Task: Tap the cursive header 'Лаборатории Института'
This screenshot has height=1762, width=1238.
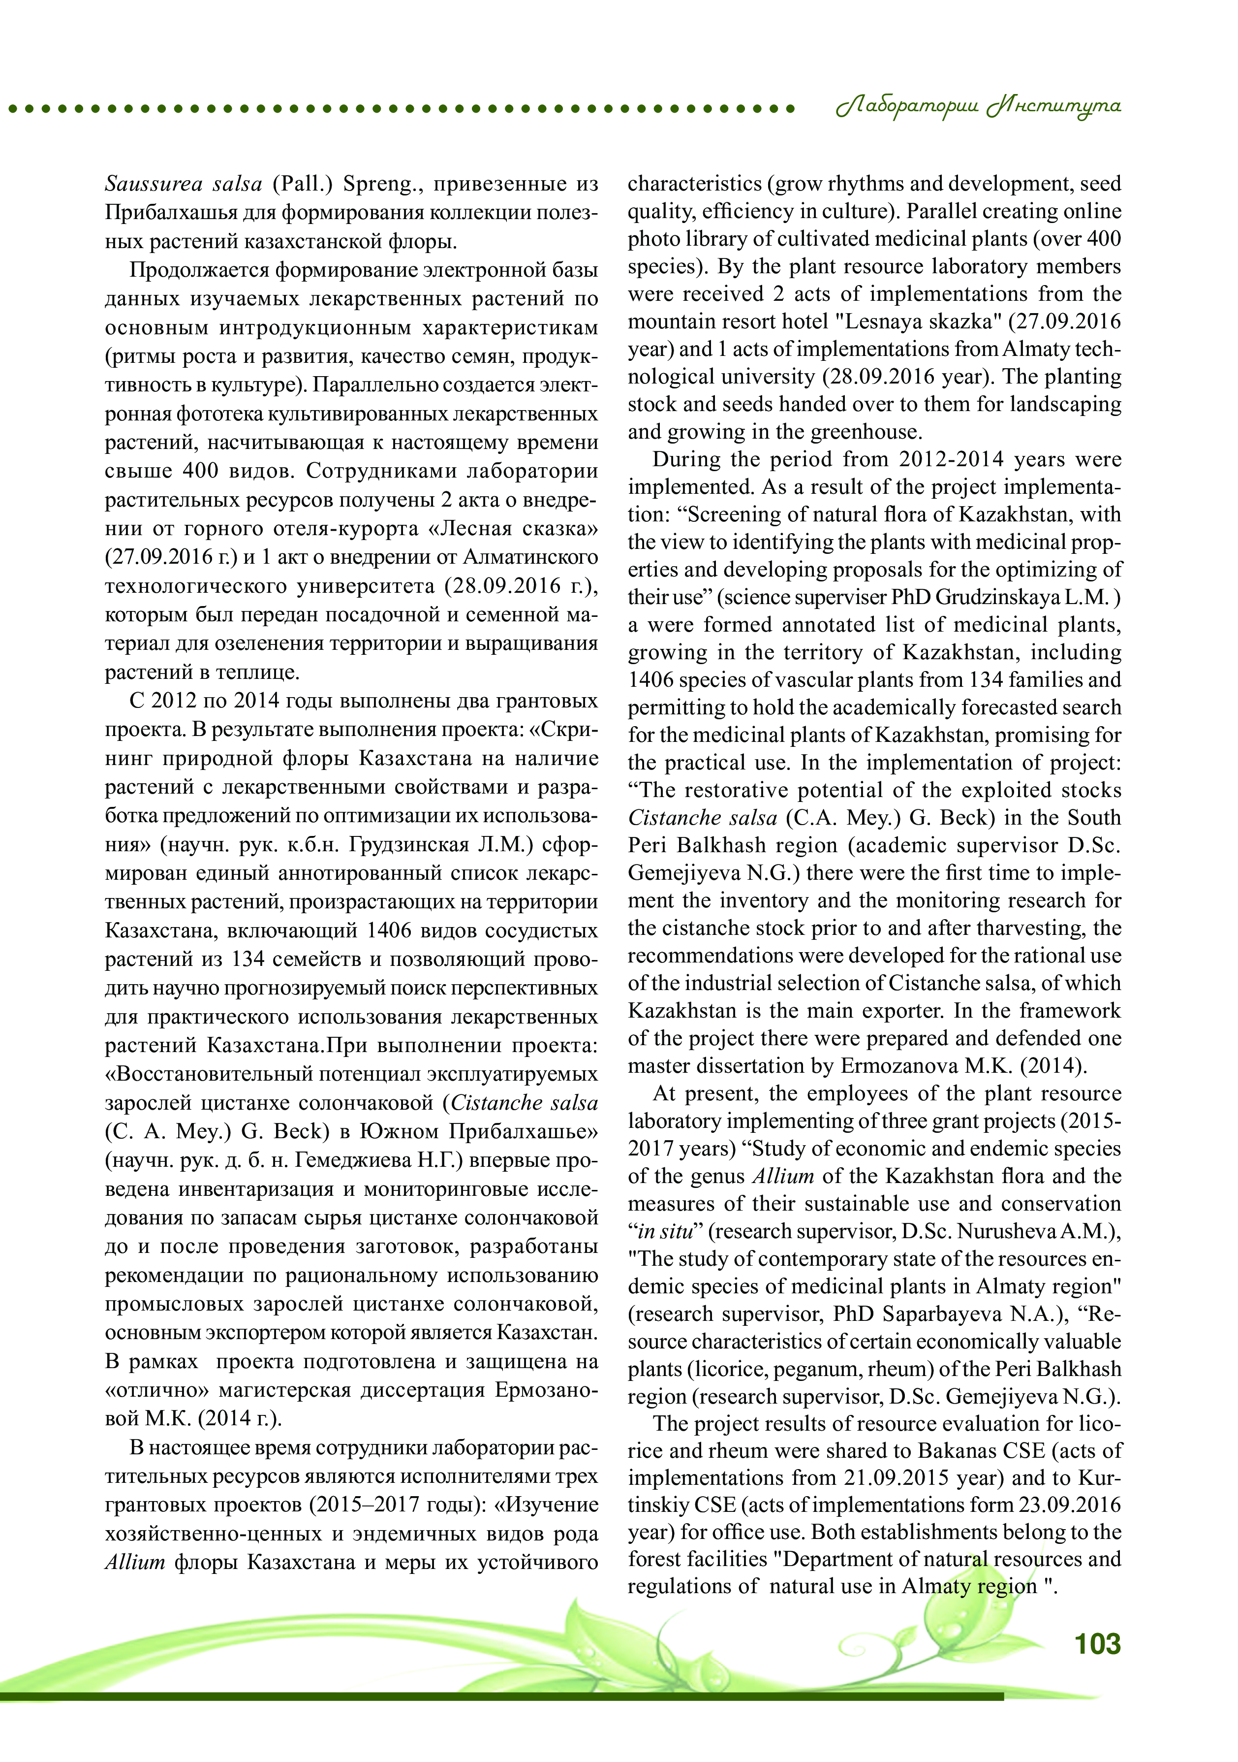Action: coord(979,107)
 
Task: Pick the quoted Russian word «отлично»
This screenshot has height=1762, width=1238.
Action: coord(156,1391)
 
